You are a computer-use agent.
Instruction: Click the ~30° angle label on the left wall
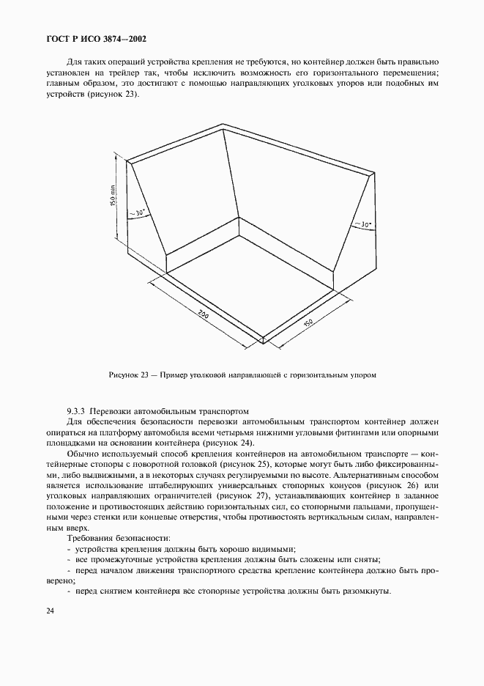137,213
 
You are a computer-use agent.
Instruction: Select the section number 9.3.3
78,411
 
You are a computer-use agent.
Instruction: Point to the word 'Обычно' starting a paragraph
82,454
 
